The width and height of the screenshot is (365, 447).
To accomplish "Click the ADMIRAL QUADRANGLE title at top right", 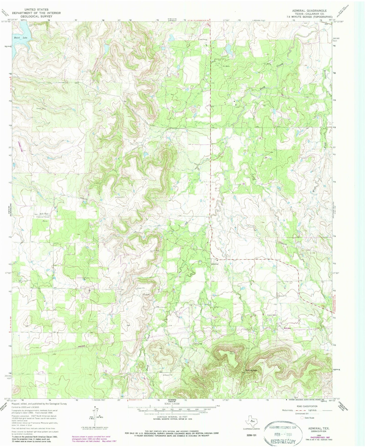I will [309, 11].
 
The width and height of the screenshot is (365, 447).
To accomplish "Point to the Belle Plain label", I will [43, 214].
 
